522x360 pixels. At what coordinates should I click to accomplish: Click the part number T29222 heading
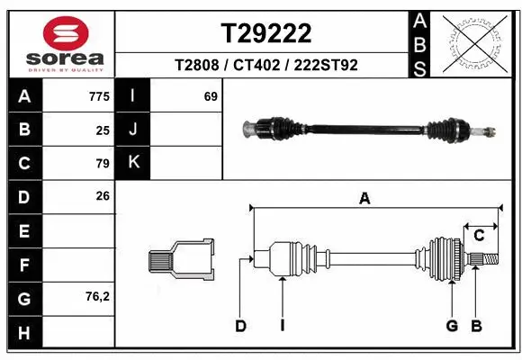[x=266, y=33]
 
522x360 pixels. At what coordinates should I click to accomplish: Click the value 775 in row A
[x=99, y=96]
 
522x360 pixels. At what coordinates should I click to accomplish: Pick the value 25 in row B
[x=103, y=130]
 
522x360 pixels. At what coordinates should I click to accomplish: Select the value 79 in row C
[x=103, y=164]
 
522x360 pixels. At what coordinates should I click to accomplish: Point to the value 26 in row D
[x=103, y=195]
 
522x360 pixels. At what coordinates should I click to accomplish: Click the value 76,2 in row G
[x=97, y=296]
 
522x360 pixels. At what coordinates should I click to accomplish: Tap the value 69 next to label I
[x=211, y=96]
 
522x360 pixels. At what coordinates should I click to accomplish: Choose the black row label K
[x=133, y=163]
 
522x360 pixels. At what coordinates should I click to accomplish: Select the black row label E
[x=24, y=231]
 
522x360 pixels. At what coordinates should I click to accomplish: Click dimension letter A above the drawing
[x=364, y=200]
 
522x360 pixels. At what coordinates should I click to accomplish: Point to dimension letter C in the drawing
[x=480, y=236]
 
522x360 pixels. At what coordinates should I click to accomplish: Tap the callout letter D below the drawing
[x=240, y=326]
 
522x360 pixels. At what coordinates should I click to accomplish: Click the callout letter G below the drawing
[x=452, y=326]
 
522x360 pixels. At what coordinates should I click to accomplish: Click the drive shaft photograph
[x=370, y=129]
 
